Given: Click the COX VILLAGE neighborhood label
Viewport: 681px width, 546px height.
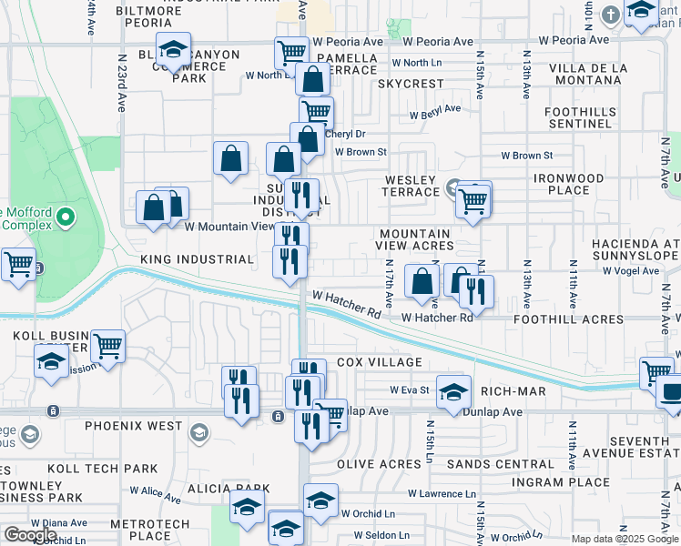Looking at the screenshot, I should click(380, 362).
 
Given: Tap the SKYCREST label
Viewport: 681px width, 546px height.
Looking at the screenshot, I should click(410, 84).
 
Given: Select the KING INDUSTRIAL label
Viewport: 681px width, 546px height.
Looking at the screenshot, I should click(197, 259).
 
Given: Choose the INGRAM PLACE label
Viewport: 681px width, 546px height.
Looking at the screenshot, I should click(561, 481).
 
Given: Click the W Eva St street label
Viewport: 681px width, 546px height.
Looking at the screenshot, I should click(409, 389).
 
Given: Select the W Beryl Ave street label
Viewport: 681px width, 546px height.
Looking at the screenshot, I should click(434, 112).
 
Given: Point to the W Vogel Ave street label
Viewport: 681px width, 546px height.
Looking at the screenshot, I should click(625, 270).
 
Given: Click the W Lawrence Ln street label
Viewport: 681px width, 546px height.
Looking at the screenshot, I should click(442, 494).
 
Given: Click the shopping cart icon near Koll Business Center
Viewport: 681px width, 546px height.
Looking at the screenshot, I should click(107, 346).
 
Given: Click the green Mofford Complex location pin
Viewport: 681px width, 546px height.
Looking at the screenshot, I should click(65, 217).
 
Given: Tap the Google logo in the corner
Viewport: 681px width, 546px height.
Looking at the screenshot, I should click(30, 535).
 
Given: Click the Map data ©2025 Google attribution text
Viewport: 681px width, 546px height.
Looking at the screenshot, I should click(624, 539).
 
